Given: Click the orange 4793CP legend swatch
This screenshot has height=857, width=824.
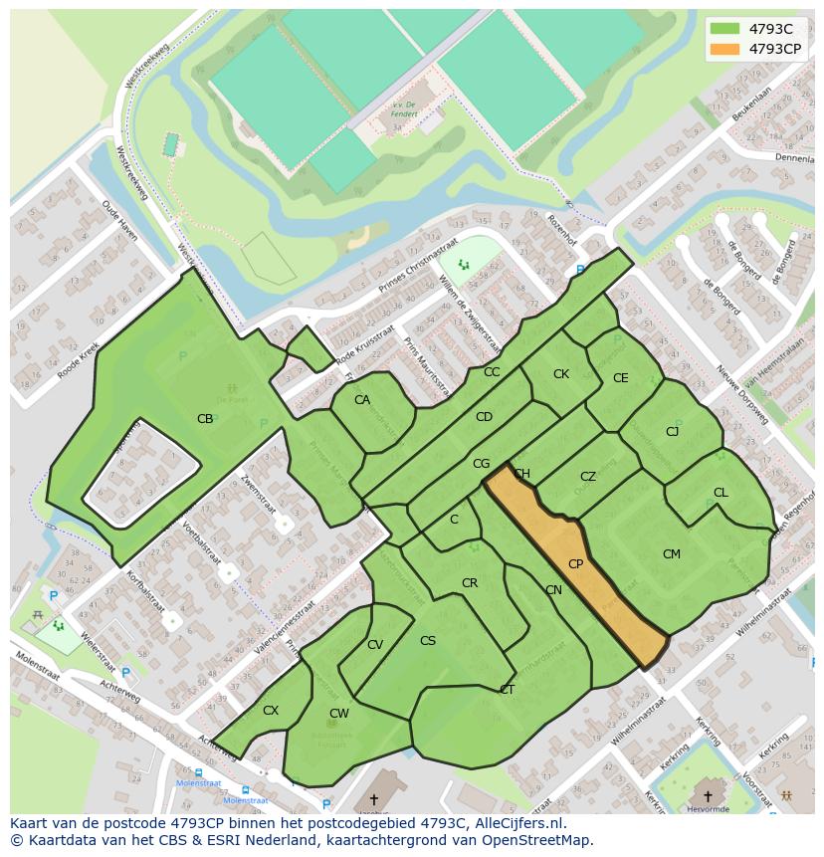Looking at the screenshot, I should click(726, 48).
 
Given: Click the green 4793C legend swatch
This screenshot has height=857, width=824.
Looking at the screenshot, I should click(726, 29).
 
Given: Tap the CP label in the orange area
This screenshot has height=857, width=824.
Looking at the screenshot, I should click(575, 564).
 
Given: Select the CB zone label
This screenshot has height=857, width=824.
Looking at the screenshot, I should click(205, 419).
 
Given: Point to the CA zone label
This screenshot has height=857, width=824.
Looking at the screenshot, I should click(362, 400).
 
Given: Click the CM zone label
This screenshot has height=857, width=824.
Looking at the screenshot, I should click(672, 554).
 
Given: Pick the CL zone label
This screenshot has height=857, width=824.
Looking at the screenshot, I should click(721, 493).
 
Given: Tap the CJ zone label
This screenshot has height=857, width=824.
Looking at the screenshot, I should click(673, 432).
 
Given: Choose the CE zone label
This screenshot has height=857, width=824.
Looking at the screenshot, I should click(621, 378).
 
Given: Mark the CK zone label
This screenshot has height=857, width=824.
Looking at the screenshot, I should click(561, 374).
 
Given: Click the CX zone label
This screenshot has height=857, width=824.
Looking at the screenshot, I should click(271, 711).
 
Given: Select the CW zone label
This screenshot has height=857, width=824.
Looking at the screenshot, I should click(339, 714).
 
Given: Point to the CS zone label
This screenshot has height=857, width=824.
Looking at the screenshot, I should click(428, 641).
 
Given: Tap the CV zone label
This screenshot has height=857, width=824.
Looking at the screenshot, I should click(375, 645).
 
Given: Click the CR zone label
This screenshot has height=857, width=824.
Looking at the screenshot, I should click(470, 583).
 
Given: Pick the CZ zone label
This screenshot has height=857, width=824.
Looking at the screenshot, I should click(588, 478).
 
